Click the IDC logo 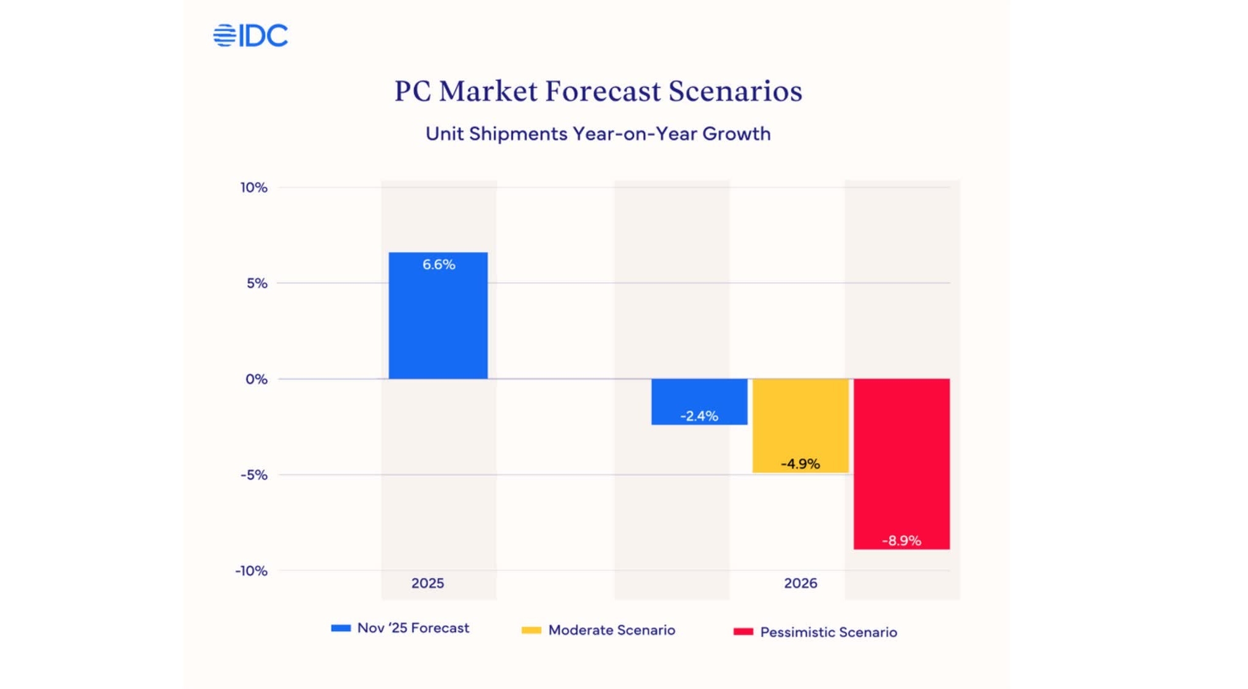[250, 36]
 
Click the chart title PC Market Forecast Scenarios [598, 91]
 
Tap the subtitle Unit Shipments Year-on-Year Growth [598, 134]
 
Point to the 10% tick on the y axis [254, 187]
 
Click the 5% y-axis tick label [257, 283]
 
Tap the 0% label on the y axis [257, 379]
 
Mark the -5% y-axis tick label [254, 475]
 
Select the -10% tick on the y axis [252, 571]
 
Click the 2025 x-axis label [427, 583]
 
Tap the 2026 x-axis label [800, 583]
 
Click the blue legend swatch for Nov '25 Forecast [340, 628]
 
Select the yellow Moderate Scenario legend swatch [531, 630]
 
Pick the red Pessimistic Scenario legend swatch [743, 631]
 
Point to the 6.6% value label [438, 265]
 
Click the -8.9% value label [901, 541]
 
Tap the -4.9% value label [800, 464]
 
